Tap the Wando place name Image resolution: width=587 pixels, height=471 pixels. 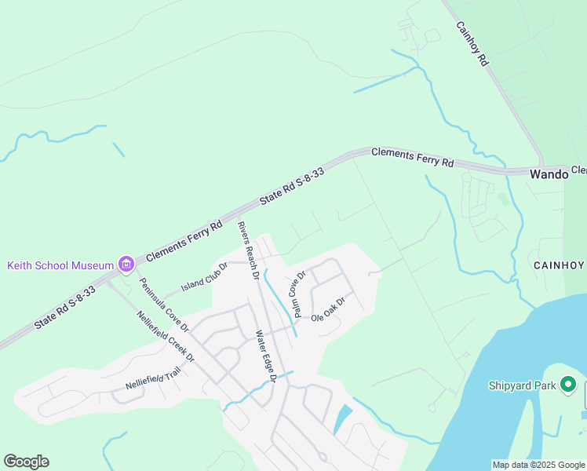click(x=549, y=174)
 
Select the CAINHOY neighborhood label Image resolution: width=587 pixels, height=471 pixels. click(x=559, y=265)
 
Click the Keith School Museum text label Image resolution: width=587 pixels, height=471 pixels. click(x=60, y=265)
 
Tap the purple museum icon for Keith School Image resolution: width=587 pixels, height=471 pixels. click(x=126, y=265)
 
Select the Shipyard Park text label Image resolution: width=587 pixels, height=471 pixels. click(x=522, y=385)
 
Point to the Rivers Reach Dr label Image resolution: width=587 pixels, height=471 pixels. click(x=248, y=250)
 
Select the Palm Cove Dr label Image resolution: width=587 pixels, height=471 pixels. click(x=299, y=293)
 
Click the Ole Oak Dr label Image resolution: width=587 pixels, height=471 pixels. click(x=328, y=309)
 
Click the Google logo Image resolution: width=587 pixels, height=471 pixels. click(x=26, y=462)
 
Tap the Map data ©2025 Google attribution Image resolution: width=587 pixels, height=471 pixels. click(x=538, y=465)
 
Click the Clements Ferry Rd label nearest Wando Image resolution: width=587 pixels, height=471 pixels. click(x=412, y=156)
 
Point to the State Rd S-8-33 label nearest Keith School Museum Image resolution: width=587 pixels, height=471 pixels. click(x=65, y=306)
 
